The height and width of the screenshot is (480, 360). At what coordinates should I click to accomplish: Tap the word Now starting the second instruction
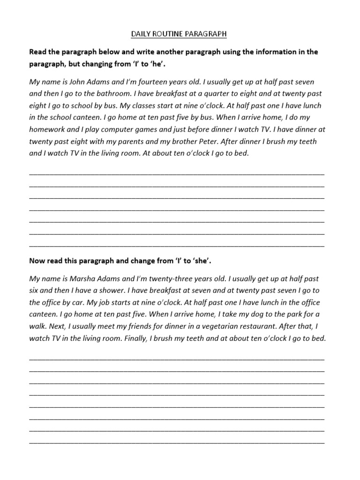tap(37, 260)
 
